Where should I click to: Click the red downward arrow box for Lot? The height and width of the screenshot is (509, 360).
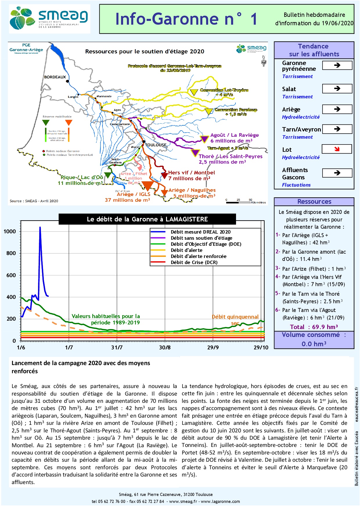coord(337,149)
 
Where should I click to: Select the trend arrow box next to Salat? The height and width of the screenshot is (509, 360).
coord(337,89)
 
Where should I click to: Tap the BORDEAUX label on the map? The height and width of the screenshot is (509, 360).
coord(55,77)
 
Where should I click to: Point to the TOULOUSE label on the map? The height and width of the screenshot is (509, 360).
coord(156,145)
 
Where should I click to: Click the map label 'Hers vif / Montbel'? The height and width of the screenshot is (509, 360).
coord(191,173)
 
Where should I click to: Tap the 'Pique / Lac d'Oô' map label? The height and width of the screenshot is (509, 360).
coord(82,177)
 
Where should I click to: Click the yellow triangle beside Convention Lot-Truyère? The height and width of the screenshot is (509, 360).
coord(194,92)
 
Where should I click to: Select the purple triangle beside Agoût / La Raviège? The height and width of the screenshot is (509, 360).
coord(204,139)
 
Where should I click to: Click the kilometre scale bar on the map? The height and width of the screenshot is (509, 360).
coord(238,202)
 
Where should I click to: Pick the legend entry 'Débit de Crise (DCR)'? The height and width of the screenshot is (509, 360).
coord(194,262)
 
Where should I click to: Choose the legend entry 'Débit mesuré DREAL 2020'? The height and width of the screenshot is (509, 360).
coord(200,232)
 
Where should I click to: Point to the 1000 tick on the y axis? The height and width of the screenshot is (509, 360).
coord(10,231)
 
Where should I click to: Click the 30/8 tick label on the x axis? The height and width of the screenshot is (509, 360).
coord(165,347)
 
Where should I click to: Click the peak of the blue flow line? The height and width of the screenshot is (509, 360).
coord(40,227)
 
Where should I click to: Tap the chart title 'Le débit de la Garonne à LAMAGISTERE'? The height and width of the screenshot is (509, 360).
coord(147,219)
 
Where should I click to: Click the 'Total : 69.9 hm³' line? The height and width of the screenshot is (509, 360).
coord(314,327)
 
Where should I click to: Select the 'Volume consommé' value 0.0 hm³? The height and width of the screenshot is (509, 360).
coord(314,344)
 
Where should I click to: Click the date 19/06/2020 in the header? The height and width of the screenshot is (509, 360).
coord(337,23)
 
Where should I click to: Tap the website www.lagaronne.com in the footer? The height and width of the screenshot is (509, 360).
coord(220,501)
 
